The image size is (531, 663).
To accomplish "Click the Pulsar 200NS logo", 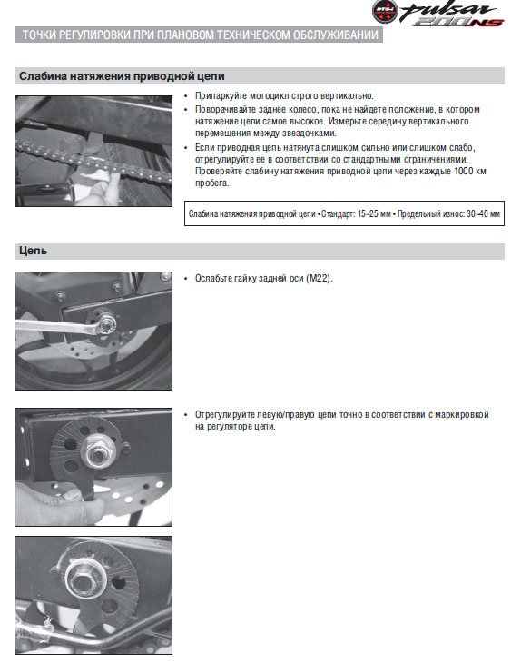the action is tap(438, 14).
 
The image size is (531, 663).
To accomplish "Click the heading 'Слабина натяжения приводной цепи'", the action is tap(122, 76).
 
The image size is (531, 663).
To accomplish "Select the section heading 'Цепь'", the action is tap(33, 251).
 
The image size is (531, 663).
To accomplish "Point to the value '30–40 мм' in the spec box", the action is tap(483, 213).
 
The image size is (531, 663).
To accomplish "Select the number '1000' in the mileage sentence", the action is tap(464, 171).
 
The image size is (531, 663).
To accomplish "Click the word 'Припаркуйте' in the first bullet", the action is tap(221, 96).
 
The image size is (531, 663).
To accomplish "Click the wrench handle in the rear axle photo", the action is tap(55, 327).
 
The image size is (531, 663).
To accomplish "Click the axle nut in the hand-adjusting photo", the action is tap(98, 454).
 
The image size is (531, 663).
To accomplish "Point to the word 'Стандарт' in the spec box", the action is tap(339, 213).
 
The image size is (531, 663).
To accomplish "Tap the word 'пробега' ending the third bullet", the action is tap(211, 183).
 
